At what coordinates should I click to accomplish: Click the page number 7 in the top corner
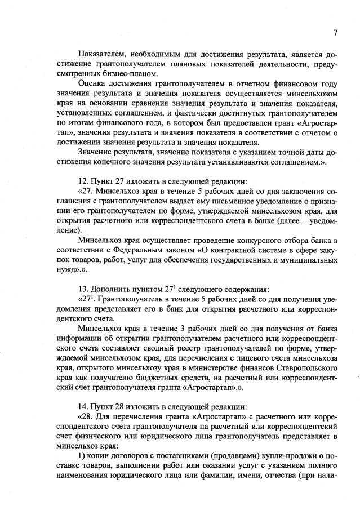[335, 33]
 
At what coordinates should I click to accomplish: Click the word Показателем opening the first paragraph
[104, 54]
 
